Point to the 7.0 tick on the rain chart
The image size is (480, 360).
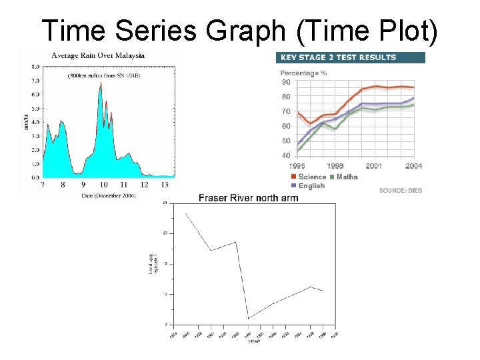click(35, 79)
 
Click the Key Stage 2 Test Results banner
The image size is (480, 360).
click(350, 57)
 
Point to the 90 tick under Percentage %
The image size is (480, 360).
click(286, 83)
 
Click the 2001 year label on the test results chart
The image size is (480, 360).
click(373, 165)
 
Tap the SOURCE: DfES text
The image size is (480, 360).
click(400, 191)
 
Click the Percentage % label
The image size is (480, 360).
click(303, 73)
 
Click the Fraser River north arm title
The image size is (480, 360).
click(249, 198)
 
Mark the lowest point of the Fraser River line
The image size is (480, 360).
click(248, 319)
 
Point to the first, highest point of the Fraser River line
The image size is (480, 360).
click(186, 214)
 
